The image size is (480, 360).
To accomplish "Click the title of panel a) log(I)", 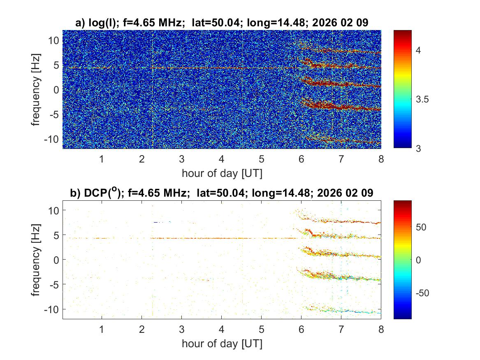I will coord(222,23).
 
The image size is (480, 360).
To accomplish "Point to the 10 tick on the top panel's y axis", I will coord(54,40).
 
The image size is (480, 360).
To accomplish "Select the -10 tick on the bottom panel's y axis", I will coord(52,309).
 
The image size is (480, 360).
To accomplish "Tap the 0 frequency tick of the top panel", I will coord(56,89).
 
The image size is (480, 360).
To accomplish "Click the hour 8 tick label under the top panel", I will coord(381,159).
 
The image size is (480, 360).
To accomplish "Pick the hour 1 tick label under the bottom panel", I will coord(102,330).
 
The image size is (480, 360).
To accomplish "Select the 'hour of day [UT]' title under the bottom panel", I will coord(222,344).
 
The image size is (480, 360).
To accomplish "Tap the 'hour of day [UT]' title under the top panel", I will coord(222,173).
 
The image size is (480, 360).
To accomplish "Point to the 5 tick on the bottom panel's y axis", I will coord(56,235).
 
